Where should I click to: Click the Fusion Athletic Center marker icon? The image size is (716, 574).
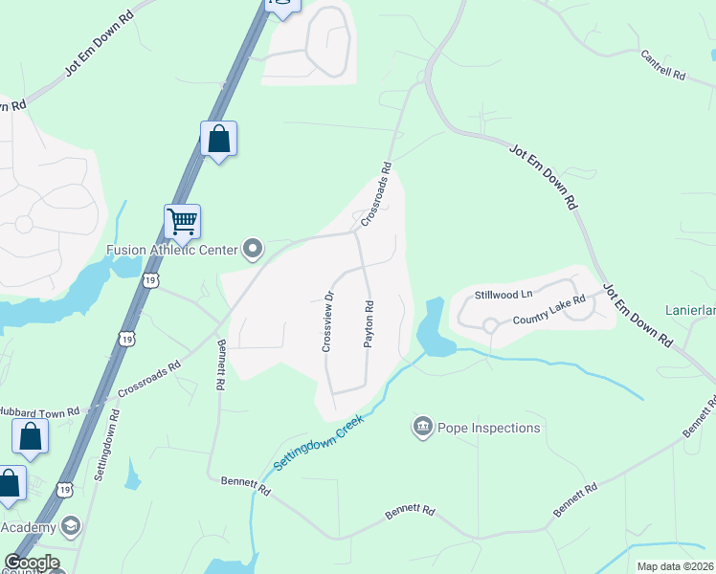[x=253, y=250]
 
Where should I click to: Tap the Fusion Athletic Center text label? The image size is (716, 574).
[x=170, y=251]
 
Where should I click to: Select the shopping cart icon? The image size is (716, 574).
[x=182, y=222]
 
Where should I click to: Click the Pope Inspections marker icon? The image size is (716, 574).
[x=422, y=427]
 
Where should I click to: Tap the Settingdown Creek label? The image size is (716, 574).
[x=319, y=442]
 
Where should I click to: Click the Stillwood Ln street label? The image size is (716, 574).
[x=503, y=297]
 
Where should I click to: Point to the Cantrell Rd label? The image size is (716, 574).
[x=663, y=65]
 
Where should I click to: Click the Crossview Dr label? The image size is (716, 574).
[x=326, y=321]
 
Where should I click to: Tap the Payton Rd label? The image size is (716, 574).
[x=369, y=324]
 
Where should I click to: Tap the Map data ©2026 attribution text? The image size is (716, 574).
[x=675, y=566]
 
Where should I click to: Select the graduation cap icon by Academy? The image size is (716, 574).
[x=70, y=527]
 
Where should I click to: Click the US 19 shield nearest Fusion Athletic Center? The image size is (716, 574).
[x=150, y=279]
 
